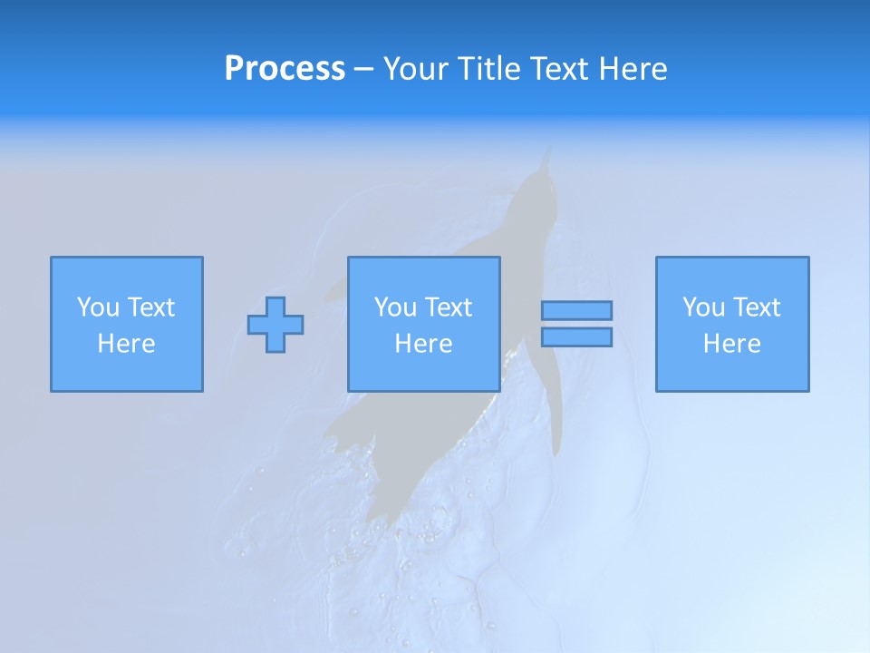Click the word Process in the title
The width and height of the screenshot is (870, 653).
(x=285, y=69)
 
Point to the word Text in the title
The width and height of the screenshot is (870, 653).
(x=555, y=69)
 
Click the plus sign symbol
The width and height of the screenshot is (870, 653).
(x=275, y=325)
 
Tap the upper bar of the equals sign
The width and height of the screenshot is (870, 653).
(x=576, y=310)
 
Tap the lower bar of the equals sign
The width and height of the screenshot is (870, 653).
(x=576, y=337)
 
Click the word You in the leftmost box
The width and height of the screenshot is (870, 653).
(x=98, y=307)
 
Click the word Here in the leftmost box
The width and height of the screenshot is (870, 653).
(x=127, y=344)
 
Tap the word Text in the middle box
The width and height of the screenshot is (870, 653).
(x=449, y=307)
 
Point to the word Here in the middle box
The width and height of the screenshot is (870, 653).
(x=424, y=344)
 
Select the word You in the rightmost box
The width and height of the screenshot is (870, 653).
(x=703, y=307)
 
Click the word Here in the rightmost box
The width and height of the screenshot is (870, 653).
(x=732, y=344)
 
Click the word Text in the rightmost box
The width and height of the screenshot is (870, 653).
(x=757, y=307)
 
